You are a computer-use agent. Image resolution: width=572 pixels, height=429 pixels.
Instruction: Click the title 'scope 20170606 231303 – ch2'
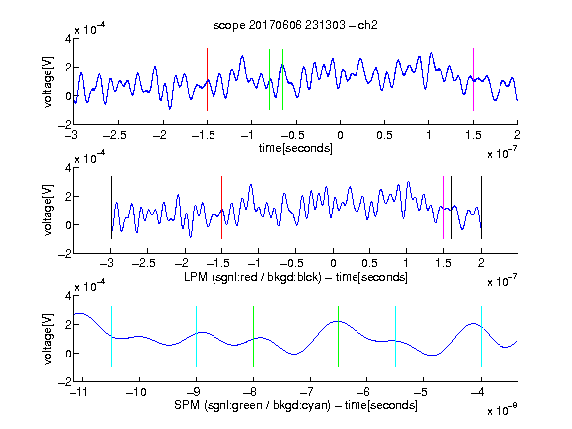(x=296, y=25)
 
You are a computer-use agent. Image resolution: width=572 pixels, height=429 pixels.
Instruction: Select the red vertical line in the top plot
(x=207, y=79)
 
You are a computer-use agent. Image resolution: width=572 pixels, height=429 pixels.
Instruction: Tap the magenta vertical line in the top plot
(x=473, y=79)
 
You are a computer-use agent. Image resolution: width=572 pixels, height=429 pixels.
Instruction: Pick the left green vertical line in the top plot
(x=269, y=79)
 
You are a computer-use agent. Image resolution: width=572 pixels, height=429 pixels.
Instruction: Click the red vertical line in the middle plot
(x=221, y=208)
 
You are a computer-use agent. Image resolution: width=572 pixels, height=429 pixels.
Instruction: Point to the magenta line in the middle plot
(x=443, y=208)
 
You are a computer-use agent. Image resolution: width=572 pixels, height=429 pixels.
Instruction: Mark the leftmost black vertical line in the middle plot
(x=111, y=208)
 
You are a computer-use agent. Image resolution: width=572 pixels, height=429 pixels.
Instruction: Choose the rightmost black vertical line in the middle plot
(x=481, y=208)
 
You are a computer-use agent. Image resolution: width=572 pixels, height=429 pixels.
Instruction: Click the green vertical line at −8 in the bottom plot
(x=253, y=337)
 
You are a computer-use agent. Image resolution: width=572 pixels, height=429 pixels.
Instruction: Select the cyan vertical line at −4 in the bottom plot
(x=481, y=337)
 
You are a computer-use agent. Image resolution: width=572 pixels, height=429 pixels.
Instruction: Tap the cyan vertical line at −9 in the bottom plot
(x=197, y=337)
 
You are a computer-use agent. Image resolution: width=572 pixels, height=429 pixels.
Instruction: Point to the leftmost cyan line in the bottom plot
(x=111, y=337)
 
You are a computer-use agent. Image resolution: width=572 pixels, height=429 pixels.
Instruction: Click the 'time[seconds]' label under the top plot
(x=296, y=148)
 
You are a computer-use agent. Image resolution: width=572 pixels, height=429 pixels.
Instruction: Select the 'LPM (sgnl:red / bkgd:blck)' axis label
(x=252, y=277)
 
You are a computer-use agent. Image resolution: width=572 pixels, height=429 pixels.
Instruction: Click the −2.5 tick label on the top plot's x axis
(x=115, y=135)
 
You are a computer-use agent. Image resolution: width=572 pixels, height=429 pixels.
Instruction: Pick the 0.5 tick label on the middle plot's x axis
(x=369, y=263)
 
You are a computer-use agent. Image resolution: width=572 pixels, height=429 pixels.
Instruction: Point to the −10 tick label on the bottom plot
(x=136, y=392)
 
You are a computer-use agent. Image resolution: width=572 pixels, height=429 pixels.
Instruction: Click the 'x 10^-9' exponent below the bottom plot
(x=501, y=410)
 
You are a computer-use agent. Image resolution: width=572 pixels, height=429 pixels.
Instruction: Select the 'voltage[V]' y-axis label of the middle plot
(x=48, y=211)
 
